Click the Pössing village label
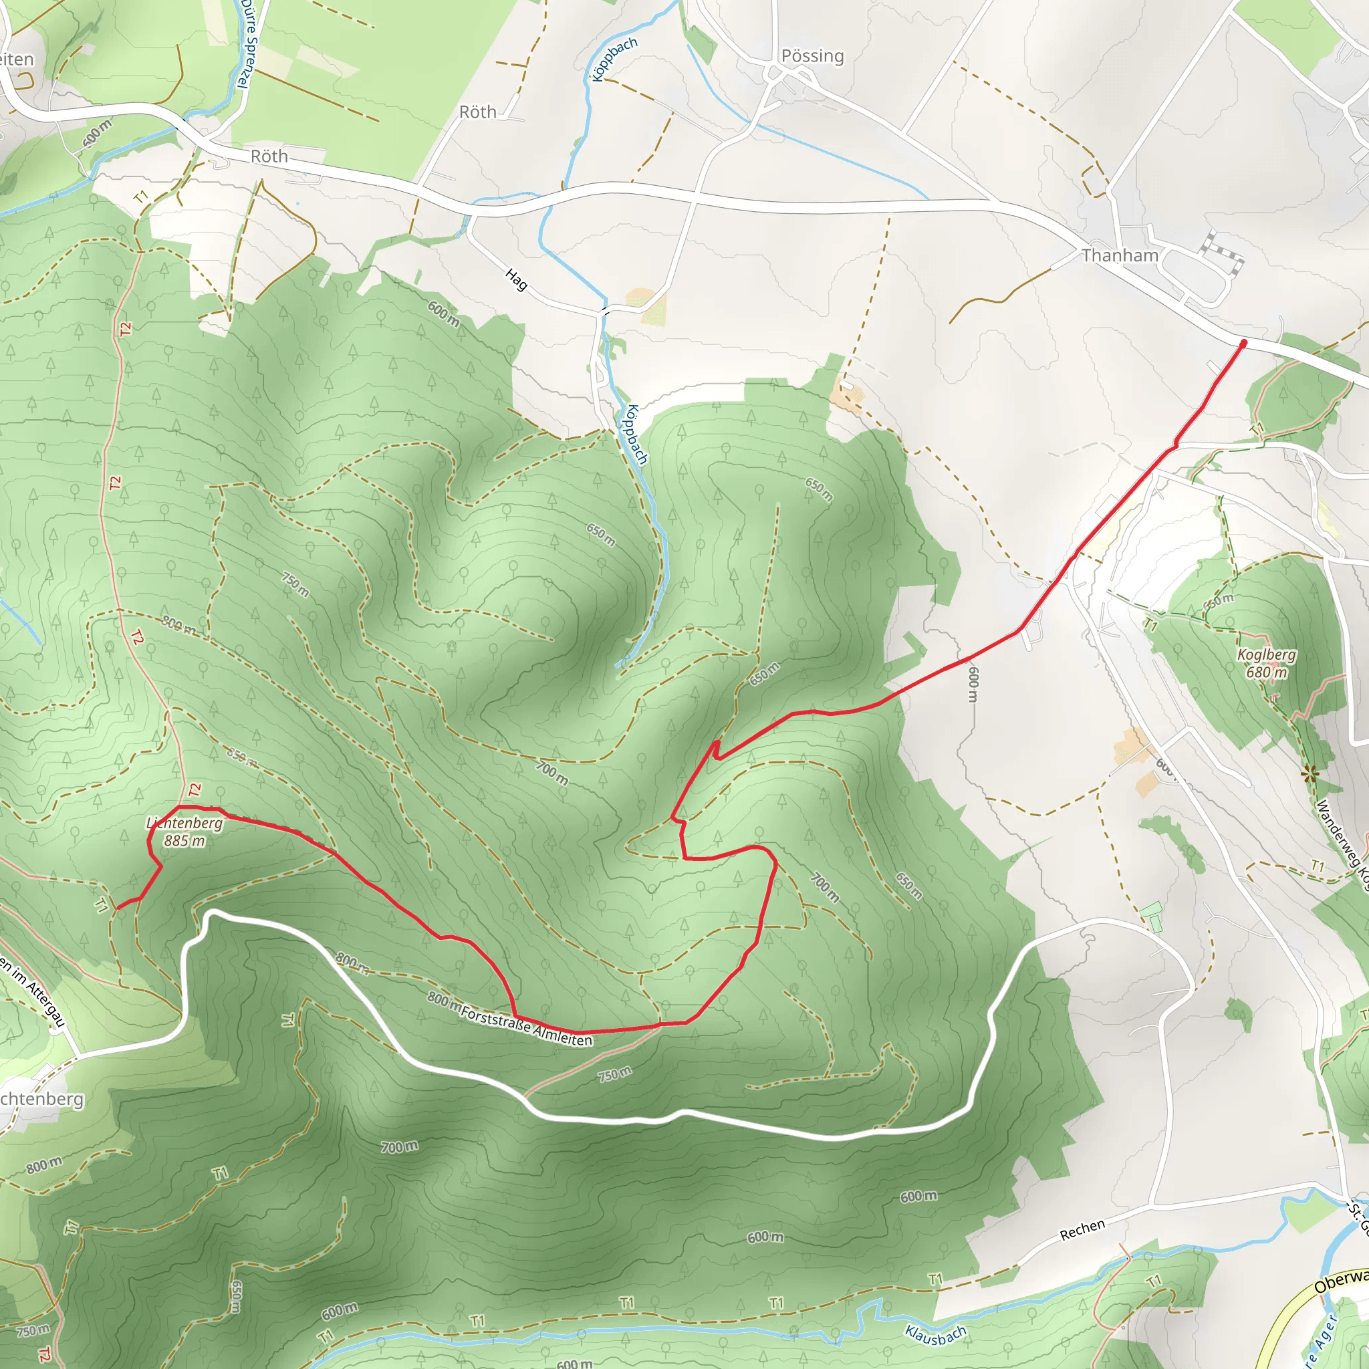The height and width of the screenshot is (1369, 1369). (x=812, y=56)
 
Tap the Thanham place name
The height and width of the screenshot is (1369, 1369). (x=1120, y=255)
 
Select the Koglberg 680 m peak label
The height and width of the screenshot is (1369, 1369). (x=1266, y=663)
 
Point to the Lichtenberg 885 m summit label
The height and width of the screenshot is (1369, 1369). (x=184, y=832)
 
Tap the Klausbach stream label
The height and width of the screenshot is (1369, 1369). (x=935, y=1335)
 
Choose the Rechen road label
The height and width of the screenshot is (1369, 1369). (x=1082, y=1230)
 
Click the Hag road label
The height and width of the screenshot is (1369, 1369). (x=517, y=279)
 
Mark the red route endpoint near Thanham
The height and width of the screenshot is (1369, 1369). (x=1243, y=344)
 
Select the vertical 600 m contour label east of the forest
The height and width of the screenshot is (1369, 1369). (x=973, y=684)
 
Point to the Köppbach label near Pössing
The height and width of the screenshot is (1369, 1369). (x=614, y=59)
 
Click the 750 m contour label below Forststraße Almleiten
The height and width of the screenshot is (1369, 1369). (x=614, y=1074)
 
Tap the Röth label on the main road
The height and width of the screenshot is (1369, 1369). (x=269, y=156)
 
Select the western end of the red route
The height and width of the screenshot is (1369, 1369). (x=118, y=907)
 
